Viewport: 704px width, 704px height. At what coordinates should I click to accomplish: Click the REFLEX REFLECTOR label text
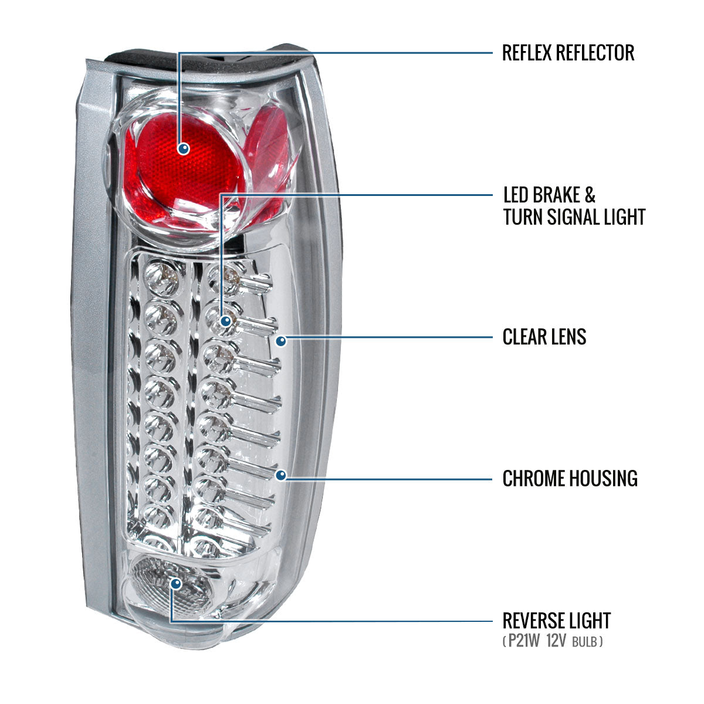pyautogui.click(x=568, y=53)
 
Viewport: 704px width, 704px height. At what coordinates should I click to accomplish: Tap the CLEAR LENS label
pyautogui.click(x=544, y=337)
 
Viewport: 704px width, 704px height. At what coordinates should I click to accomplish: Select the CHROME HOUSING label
pyautogui.click(x=570, y=478)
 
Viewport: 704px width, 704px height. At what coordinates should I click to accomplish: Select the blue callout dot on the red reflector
pyautogui.click(x=184, y=148)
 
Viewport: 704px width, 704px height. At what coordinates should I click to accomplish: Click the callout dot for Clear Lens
pyautogui.click(x=281, y=340)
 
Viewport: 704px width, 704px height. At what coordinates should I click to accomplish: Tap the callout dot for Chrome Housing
pyautogui.click(x=281, y=475)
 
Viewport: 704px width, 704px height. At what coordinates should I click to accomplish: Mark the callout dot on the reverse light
pyautogui.click(x=175, y=583)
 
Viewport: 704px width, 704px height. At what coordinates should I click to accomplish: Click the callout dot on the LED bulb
pyautogui.click(x=225, y=321)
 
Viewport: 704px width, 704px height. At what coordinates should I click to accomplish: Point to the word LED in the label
pyautogui.click(x=516, y=195)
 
